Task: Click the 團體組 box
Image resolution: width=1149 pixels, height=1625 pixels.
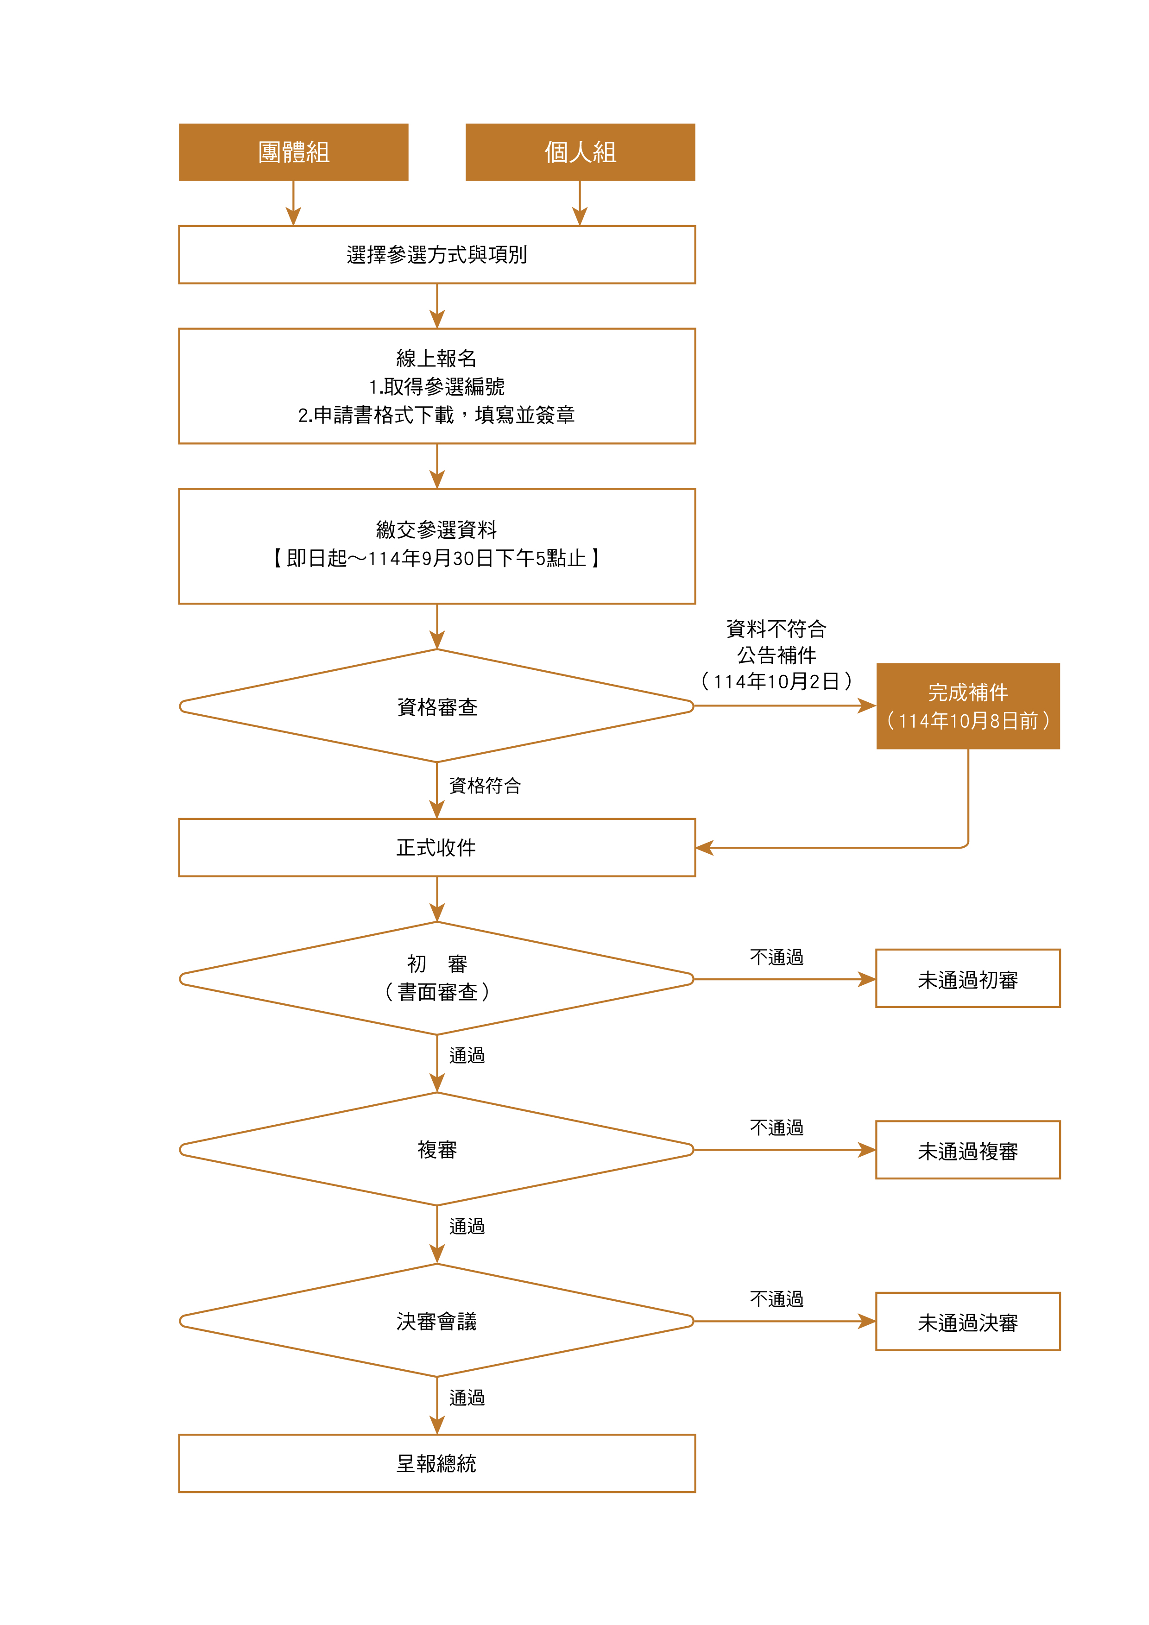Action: [x=293, y=152]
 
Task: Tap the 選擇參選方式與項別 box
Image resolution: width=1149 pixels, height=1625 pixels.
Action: [x=437, y=255]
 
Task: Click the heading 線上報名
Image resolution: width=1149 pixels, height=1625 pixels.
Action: [x=437, y=358]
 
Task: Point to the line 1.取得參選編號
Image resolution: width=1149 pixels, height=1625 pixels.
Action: [x=437, y=386]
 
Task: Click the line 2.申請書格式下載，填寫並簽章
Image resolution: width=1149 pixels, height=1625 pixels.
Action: [x=437, y=415]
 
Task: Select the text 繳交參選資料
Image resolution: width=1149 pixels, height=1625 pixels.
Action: [x=437, y=529]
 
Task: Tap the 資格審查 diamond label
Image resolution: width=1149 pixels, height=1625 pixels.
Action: [x=437, y=706]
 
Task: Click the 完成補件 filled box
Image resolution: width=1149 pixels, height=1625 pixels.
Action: [x=968, y=705]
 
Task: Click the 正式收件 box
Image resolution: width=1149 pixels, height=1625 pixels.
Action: [x=437, y=847]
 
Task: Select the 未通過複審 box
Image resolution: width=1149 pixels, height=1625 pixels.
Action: [x=968, y=1151]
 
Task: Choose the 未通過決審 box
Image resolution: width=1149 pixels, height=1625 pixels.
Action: [x=968, y=1322]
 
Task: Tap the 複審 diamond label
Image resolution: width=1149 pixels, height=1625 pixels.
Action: [x=437, y=1149]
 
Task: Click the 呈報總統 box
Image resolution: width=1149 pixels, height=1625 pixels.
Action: [x=437, y=1464]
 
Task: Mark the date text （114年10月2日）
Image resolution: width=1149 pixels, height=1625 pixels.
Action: [x=777, y=681]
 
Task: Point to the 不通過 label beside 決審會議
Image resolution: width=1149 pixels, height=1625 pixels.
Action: [x=777, y=1299]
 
